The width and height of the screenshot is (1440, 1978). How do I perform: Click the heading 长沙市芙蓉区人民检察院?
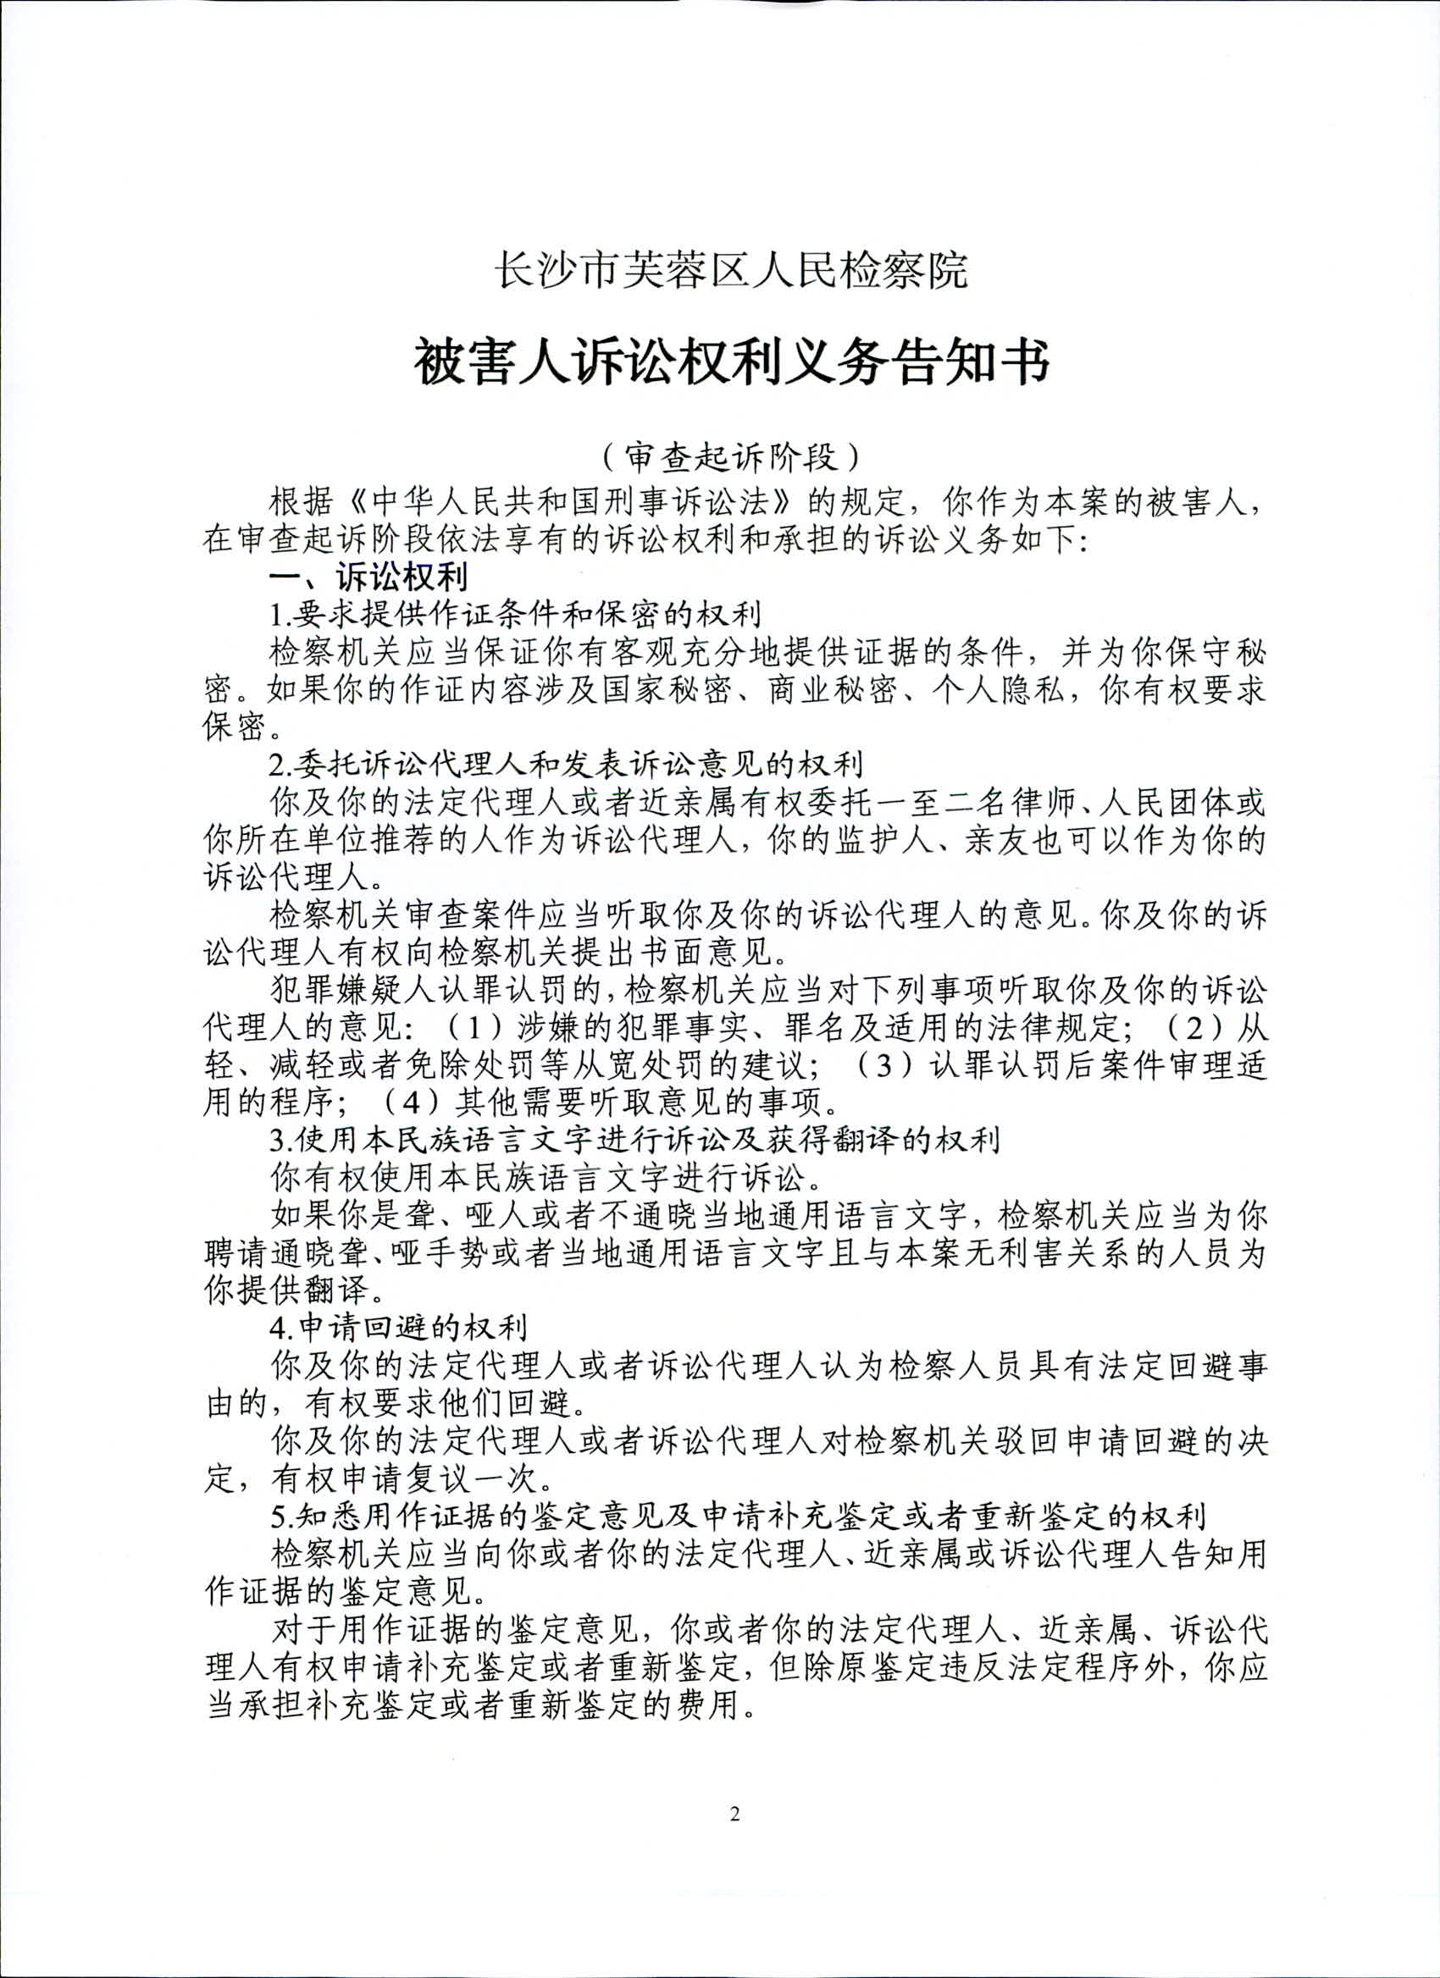pos(731,269)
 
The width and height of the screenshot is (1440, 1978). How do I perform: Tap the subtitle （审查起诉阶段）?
pos(731,457)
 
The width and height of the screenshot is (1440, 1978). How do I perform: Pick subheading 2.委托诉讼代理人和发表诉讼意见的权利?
pos(566,764)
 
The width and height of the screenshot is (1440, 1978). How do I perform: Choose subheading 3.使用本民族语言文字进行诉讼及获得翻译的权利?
pos(634,1139)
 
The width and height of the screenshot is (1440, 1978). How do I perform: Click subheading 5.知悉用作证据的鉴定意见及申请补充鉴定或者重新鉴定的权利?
pos(737,1517)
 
